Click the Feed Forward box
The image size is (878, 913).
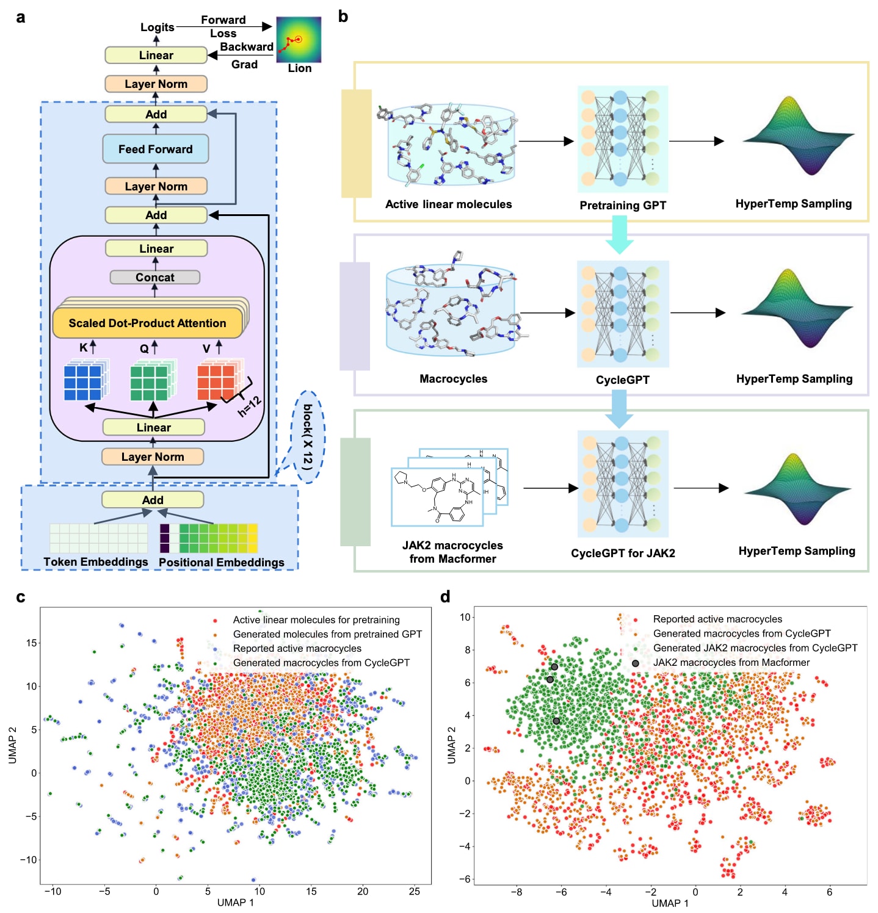tap(156, 149)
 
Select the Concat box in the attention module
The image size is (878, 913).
tap(155, 277)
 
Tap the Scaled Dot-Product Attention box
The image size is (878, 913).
tap(147, 323)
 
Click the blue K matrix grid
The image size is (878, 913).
tap(84, 381)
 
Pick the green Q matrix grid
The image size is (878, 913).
tap(150, 381)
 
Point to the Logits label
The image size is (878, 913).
tap(157, 27)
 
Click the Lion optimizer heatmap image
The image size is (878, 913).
tap(299, 40)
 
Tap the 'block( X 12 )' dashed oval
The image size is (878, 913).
tap(308, 437)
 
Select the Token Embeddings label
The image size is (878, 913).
tap(96, 561)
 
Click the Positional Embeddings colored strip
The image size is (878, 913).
tap(209, 538)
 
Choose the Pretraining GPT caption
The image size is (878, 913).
tap(623, 205)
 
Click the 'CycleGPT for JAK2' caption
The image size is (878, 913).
tap(623, 553)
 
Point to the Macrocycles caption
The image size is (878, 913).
tap(453, 378)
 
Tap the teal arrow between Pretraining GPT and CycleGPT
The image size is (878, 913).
tap(620, 235)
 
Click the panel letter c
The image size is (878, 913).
tap(21, 597)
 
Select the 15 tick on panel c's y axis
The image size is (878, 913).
tap(31, 643)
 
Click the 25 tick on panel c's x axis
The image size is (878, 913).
tap(415, 891)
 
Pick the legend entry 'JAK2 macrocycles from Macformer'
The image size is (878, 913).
tap(731, 662)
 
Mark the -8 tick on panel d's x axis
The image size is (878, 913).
tap(517, 892)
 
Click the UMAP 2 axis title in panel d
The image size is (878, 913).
tap(452, 745)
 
